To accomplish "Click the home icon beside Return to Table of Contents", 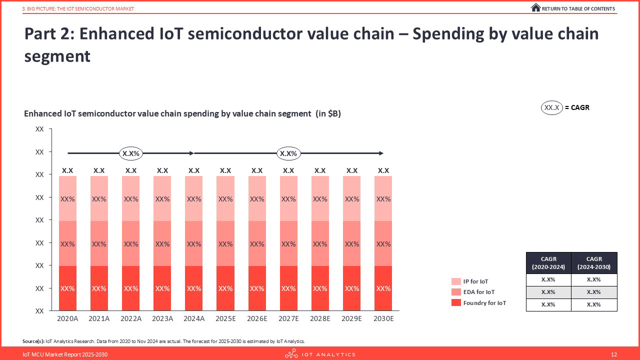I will pyautogui.click(x=535, y=7).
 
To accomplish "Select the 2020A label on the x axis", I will pyautogui.click(x=67, y=318).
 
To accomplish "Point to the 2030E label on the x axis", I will pyautogui.click(x=383, y=318).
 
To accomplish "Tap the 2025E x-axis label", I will pyautogui.click(x=225, y=318).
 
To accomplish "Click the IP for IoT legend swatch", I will pyautogui.click(x=456, y=281).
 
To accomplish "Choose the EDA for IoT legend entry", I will pyautogui.click(x=478, y=292).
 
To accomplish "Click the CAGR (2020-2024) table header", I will pyautogui.click(x=548, y=263).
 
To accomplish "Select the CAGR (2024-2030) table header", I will pyautogui.click(x=594, y=263).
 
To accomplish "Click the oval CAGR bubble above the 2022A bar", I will pyautogui.click(x=131, y=153).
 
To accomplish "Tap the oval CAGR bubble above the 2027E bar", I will pyautogui.click(x=288, y=153).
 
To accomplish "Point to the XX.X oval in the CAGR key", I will pyautogui.click(x=552, y=107).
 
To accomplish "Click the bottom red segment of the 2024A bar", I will pyautogui.click(x=194, y=288).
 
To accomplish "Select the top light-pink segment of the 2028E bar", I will pyautogui.click(x=320, y=198).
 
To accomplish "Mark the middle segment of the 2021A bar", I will pyautogui.click(x=99, y=244).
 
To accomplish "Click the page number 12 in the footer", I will pyautogui.click(x=614, y=354).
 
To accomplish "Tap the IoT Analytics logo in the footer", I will pyautogui.click(x=320, y=354).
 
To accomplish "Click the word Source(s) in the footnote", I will pyautogui.click(x=33, y=341).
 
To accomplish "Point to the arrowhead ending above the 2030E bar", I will pyautogui.click(x=381, y=153).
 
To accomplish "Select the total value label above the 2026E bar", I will pyautogui.click(x=257, y=170).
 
